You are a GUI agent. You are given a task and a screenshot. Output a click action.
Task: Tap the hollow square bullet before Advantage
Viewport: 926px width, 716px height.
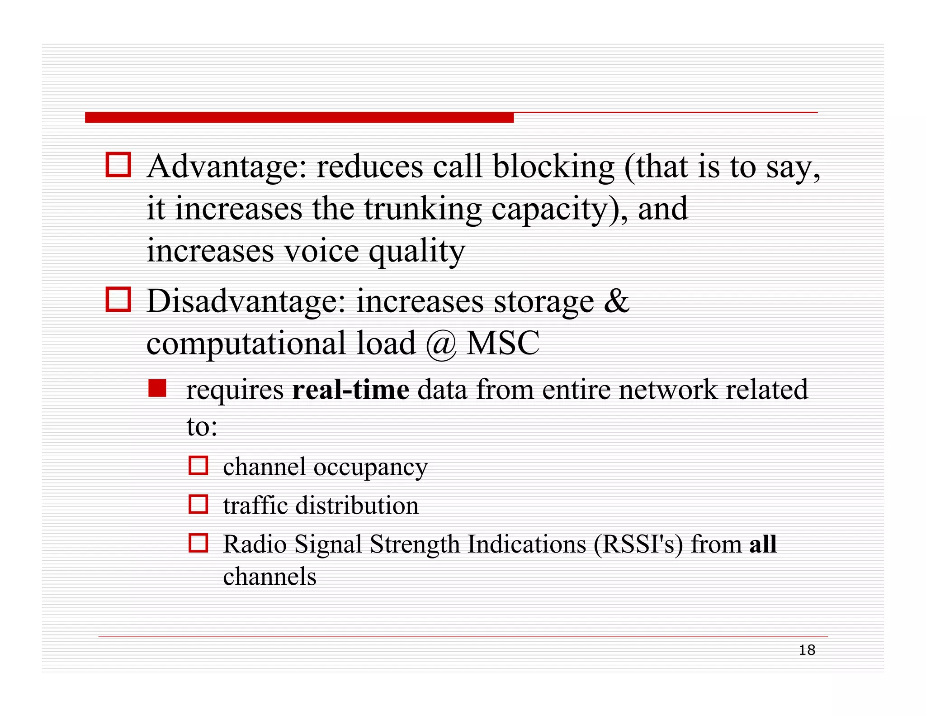pyautogui.click(x=118, y=164)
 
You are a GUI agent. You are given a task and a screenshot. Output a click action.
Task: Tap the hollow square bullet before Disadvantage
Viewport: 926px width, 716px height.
pyautogui.click(x=118, y=299)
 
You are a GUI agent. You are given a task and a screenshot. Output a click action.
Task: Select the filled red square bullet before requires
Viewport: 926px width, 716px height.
pyautogui.click(x=157, y=388)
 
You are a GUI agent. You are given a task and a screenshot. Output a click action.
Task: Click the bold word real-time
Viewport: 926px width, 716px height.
pyautogui.click(x=351, y=390)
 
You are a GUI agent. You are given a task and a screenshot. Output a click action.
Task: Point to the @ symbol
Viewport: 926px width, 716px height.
pyautogui.click(x=441, y=344)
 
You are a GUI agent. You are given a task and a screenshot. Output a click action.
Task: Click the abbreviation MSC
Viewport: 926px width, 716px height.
pyautogui.click(x=503, y=343)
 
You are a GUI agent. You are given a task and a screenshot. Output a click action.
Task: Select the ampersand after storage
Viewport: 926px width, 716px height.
pyautogui.click(x=617, y=301)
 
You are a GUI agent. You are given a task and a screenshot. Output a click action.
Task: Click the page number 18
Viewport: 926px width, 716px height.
pyautogui.click(x=807, y=650)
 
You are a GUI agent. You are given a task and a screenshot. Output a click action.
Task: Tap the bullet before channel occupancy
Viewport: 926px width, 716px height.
pyautogui.click(x=198, y=465)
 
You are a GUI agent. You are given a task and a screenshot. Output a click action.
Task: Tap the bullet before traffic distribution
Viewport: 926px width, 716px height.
pyautogui.click(x=198, y=504)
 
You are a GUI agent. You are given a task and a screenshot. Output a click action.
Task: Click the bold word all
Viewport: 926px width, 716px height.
pyautogui.click(x=763, y=544)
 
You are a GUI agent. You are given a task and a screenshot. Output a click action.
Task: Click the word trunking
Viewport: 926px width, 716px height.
pyautogui.click(x=423, y=210)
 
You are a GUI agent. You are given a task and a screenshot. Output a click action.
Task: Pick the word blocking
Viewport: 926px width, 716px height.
pyautogui.click(x=553, y=167)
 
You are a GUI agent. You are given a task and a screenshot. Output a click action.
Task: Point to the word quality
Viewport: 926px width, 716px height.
pyautogui.click(x=416, y=252)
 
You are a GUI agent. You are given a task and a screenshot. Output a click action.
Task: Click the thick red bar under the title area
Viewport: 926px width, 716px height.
pyautogui.click(x=299, y=118)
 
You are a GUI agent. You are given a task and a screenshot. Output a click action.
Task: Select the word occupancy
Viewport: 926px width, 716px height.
pyautogui.click(x=370, y=468)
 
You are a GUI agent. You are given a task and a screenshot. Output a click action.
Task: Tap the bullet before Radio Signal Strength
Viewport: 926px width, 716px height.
pyautogui.click(x=198, y=543)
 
